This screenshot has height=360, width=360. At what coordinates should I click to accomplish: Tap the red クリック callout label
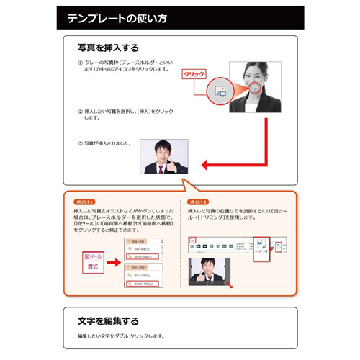click(x=194, y=73)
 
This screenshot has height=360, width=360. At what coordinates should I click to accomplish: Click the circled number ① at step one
click(x=80, y=63)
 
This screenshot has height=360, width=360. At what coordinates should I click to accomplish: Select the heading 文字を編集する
click(x=108, y=320)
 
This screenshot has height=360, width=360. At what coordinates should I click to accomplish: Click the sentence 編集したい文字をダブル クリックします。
click(x=121, y=336)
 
